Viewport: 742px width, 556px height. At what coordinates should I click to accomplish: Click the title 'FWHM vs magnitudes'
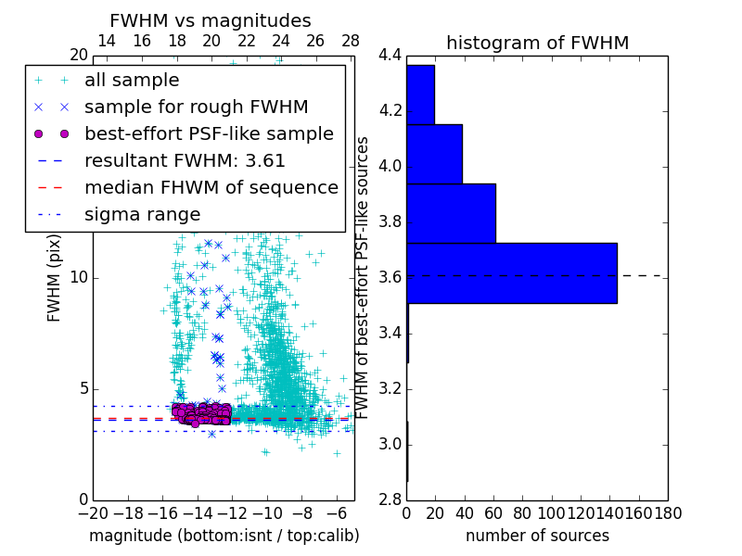coord(211,20)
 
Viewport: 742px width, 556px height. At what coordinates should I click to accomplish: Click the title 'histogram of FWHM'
coord(537,43)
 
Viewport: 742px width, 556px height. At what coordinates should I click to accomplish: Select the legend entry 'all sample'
coord(132,81)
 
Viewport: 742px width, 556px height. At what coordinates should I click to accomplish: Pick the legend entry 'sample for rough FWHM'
coord(196,107)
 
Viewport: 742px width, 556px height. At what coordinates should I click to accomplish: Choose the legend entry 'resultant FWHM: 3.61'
coord(185,160)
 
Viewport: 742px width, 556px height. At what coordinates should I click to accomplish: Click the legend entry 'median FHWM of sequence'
coord(211,187)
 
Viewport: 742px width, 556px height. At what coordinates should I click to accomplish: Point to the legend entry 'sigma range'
coord(142,214)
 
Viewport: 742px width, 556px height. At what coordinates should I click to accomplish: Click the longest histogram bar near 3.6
coord(511,272)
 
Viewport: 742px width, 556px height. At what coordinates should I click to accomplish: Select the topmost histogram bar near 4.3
coord(420,94)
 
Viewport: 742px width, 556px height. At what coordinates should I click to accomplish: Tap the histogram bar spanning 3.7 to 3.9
coord(451,213)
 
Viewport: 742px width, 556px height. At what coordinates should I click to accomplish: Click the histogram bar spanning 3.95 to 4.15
coord(434,154)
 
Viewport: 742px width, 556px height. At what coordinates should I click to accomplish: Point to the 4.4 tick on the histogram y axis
coord(390,56)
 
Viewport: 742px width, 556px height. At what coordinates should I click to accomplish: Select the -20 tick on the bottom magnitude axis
coord(93,512)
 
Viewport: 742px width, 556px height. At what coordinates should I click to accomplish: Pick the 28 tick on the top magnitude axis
coord(351,42)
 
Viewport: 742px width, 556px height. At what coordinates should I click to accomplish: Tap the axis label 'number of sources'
coord(537,536)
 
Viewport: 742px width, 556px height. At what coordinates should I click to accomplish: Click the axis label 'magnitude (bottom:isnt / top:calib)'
coord(224,536)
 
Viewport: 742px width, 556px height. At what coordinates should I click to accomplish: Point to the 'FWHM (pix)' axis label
coord(55,277)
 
